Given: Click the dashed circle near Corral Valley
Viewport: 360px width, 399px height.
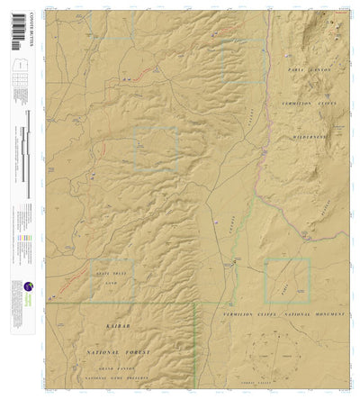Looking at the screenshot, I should click(x=286, y=351).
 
